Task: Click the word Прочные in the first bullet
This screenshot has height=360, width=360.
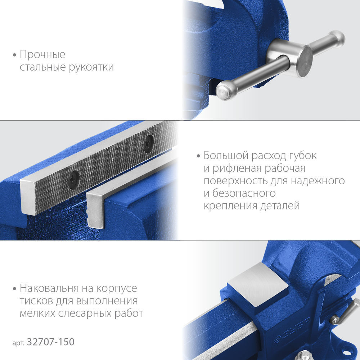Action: click(42, 55)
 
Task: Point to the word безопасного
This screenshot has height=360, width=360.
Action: click(243, 194)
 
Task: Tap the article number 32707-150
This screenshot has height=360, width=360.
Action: click(50, 342)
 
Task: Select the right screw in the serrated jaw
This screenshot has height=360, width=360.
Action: click(148, 143)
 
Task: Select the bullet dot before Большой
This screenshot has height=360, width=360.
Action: click(198, 157)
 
